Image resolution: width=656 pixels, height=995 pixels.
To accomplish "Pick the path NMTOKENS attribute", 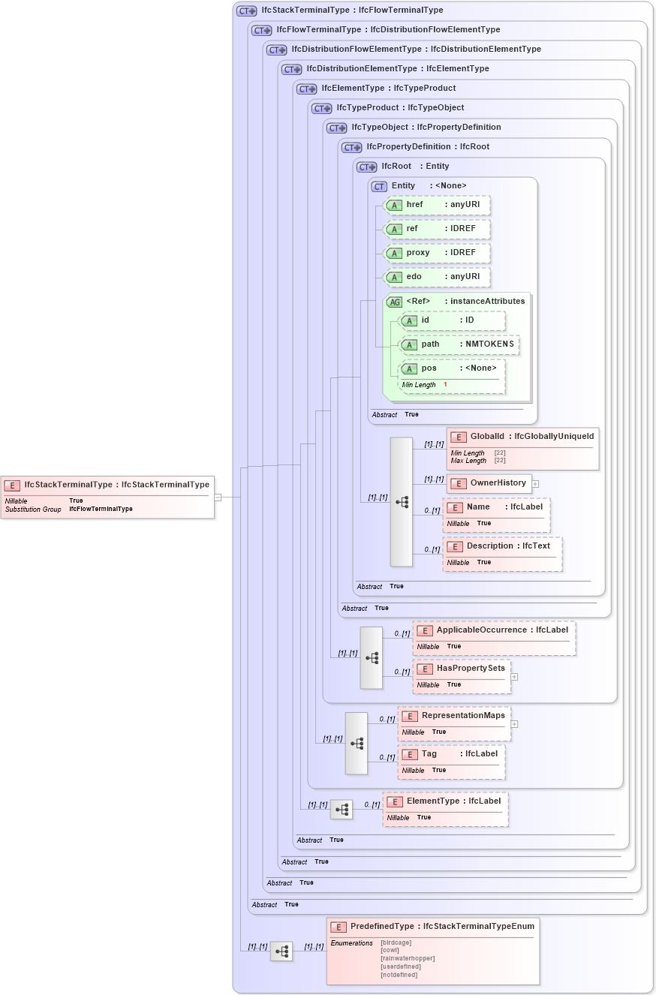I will click(x=459, y=344).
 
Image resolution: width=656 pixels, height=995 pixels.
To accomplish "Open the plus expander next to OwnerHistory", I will click(x=536, y=483).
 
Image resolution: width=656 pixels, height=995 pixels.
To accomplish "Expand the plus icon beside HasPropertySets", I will click(x=514, y=676).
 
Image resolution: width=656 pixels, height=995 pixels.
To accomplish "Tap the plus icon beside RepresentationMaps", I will click(x=514, y=724).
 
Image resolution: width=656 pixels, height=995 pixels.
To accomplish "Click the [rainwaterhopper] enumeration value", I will click(x=408, y=958).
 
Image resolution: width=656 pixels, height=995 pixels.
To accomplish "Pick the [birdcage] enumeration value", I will click(x=398, y=942).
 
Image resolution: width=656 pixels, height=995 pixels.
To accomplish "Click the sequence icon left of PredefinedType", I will click(x=281, y=951).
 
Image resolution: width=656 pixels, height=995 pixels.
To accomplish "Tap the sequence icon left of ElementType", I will click(x=342, y=810).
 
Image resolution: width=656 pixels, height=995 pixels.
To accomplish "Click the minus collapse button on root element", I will click(x=218, y=497).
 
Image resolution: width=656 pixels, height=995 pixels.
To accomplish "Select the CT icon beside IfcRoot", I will click(x=366, y=167).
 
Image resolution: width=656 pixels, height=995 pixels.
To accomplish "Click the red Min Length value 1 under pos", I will click(x=445, y=385).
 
